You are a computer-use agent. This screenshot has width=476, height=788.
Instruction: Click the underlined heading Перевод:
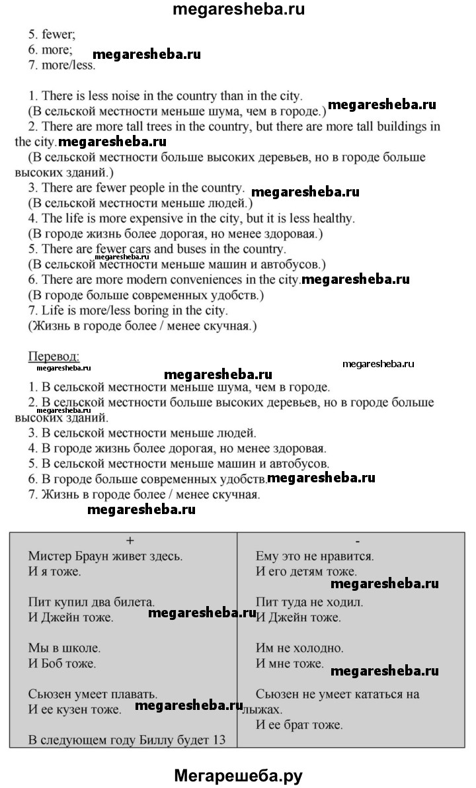(53, 357)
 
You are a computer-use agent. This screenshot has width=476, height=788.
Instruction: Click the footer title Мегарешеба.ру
(239, 775)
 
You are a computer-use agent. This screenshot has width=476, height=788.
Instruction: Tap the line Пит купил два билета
(92, 603)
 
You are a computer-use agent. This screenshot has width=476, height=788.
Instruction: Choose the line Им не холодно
(299, 648)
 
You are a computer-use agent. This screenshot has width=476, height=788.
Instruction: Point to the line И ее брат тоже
(299, 724)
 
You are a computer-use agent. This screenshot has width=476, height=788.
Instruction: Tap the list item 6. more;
(50, 50)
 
